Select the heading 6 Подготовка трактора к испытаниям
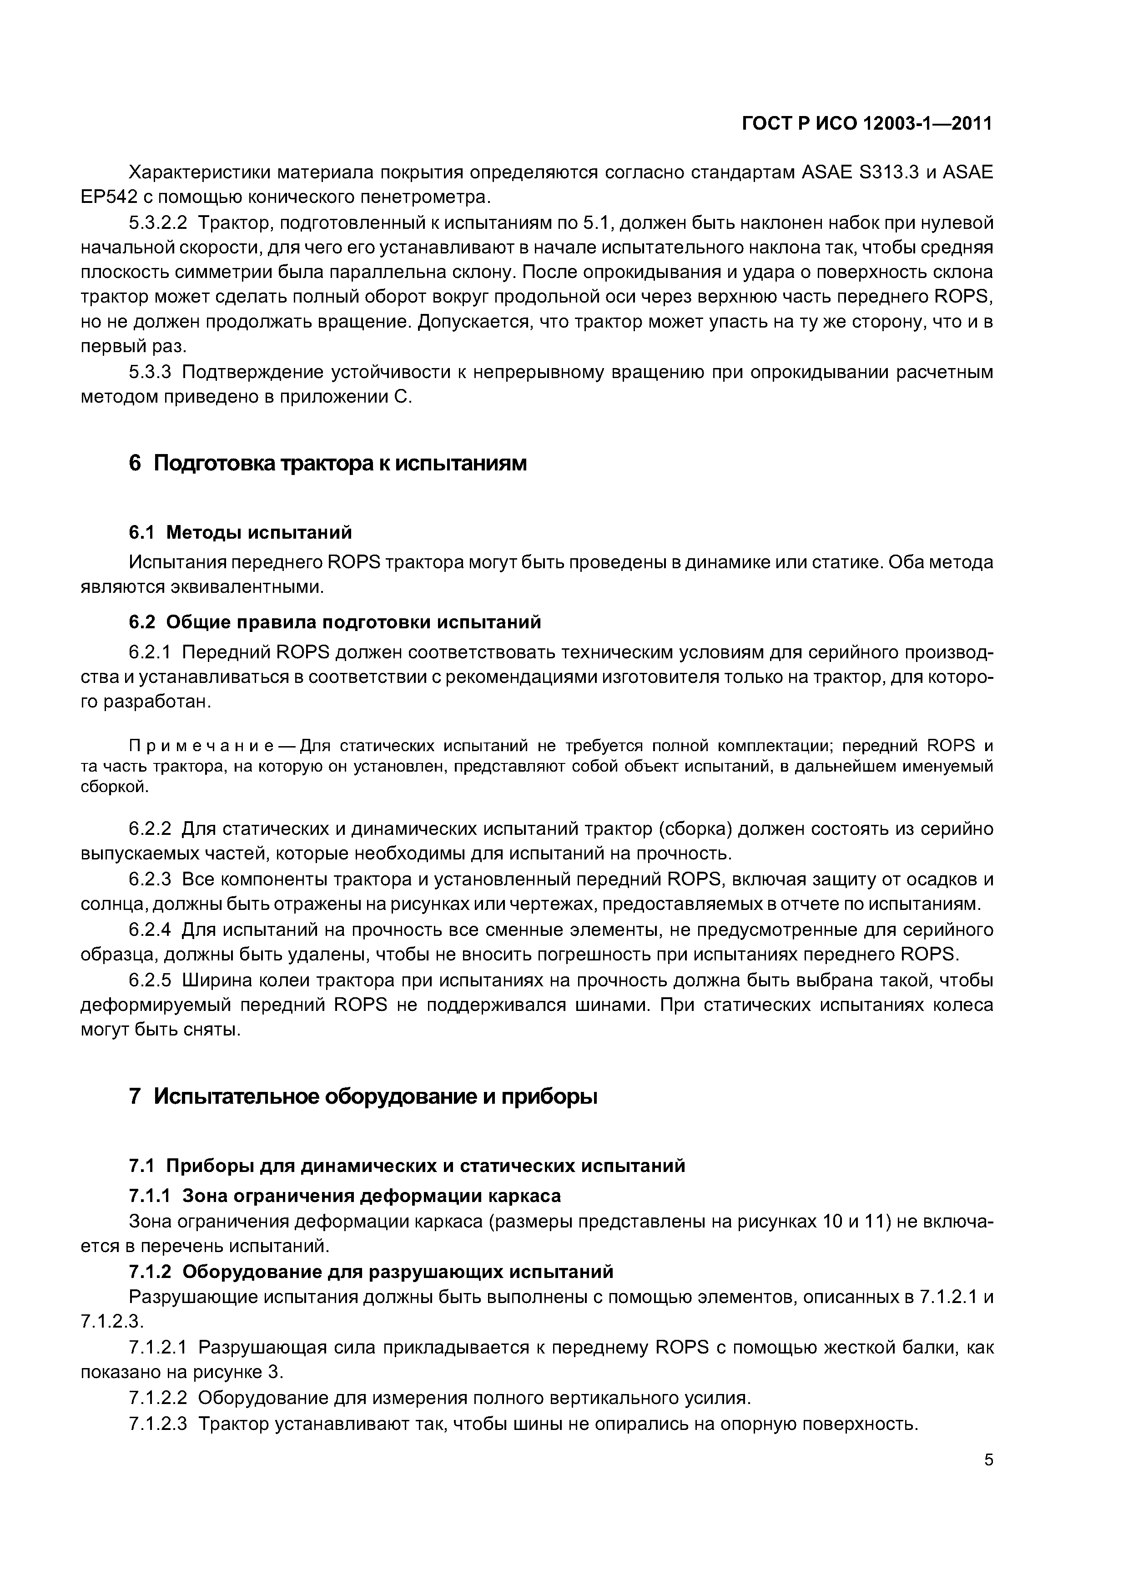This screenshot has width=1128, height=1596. coord(327,463)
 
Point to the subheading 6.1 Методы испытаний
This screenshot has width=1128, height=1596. coord(241,532)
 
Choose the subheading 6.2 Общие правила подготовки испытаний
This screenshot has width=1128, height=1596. coord(334,621)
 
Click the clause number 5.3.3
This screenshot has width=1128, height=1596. coord(150,373)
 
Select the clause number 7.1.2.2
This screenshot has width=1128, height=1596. coord(158,1398)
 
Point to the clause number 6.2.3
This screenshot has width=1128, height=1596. coord(150,879)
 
